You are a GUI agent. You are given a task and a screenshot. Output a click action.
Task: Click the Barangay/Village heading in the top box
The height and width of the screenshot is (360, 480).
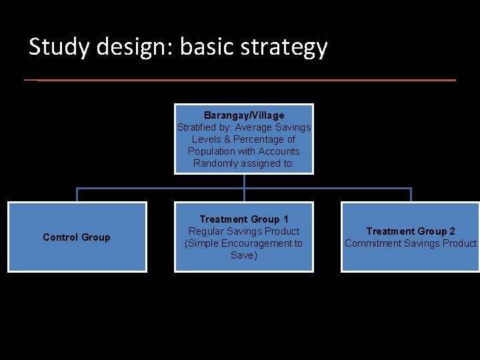(x=244, y=115)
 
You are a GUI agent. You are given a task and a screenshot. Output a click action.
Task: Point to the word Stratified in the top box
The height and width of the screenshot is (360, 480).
(x=197, y=127)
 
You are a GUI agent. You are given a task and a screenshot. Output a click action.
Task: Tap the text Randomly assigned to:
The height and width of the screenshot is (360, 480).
(x=244, y=163)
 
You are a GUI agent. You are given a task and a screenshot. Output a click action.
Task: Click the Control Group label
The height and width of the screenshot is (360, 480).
(x=77, y=237)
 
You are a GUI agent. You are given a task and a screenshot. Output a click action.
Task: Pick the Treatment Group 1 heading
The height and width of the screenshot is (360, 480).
(x=244, y=219)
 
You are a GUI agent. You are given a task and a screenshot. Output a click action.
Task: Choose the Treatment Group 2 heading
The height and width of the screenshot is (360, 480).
(x=411, y=231)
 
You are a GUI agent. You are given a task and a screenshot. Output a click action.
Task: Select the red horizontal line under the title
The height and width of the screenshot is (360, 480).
(x=240, y=80)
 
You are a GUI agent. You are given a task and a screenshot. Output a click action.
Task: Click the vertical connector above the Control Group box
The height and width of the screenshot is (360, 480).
(x=77, y=195)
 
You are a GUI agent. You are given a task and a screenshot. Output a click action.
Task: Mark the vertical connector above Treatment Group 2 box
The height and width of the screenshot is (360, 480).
(x=411, y=195)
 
